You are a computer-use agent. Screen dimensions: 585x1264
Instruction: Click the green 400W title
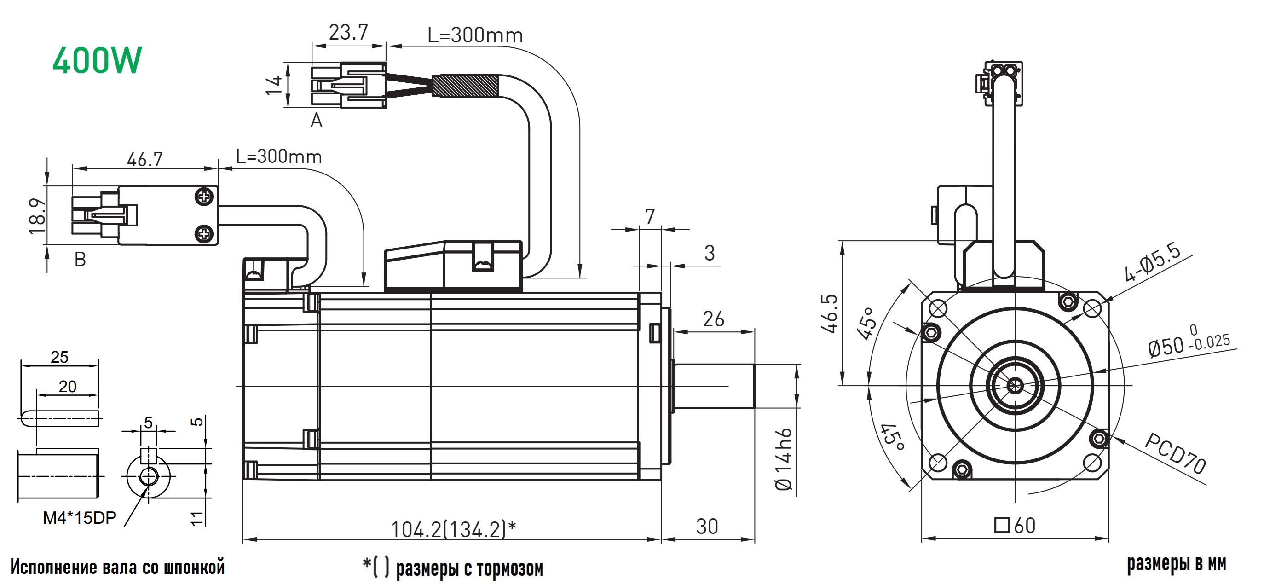click(x=97, y=60)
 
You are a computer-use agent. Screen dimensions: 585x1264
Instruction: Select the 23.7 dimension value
click(x=348, y=33)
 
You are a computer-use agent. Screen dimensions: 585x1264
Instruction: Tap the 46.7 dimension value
click(x=144, y=159)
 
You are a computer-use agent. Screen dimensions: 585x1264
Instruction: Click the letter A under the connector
click(x=317, y=120)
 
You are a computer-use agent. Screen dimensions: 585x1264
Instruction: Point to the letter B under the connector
click(x=80, y=259)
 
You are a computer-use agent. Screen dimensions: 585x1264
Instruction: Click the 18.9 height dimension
click(x=37, y=215)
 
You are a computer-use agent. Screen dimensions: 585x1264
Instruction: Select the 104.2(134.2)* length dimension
click(x=453, y=529)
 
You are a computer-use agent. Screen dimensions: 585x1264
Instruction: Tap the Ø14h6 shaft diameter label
click(x=783, y=459)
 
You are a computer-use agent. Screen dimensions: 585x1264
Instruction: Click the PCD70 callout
click(x=1175, y=453)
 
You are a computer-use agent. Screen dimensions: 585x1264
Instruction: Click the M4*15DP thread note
click(x=80, y=518)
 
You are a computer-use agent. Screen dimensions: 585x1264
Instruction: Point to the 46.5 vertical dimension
click(x=830, y=313)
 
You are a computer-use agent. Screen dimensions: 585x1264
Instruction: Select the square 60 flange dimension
click(x=1015, y=526)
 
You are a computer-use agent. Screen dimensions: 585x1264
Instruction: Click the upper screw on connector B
click(x=204, y=197)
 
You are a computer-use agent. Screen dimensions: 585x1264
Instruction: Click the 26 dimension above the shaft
click(x=714, y=319)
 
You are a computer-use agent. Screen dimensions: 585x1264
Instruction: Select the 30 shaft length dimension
click(x=707, y=527)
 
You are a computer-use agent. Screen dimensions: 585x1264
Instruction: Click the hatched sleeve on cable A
click(x=466, y=86)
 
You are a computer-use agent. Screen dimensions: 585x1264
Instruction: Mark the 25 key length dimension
click(x=59, y=357)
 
